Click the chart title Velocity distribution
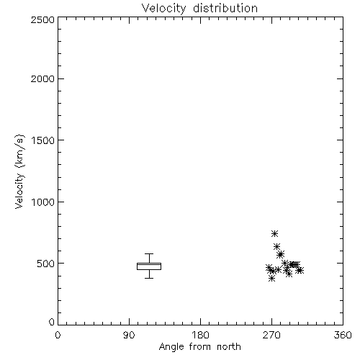(x=199, y=8)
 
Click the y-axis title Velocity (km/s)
(x=19, y=172)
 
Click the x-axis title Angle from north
(x=199, y=347)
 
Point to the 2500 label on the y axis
(x=42, y=19)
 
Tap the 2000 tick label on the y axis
(x=42, y=78)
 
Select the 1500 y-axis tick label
(x=43, y=140)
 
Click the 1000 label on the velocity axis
(x=43, y=202)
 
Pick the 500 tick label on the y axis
(x=46, y=264)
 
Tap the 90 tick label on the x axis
(x=129, y=335)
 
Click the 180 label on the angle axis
(x=201, y=335)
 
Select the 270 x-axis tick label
(x=271, y=335)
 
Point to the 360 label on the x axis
(x=343, y=335)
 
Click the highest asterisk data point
(x=274, y=233)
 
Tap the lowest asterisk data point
(x=271, y=279)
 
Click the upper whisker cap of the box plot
(x=149, y=253)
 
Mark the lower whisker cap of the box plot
(x=149, y=278)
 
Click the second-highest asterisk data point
(x=276, y=246)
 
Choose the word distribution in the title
(x=225, y=8)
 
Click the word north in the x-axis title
(x=229, y=347)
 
